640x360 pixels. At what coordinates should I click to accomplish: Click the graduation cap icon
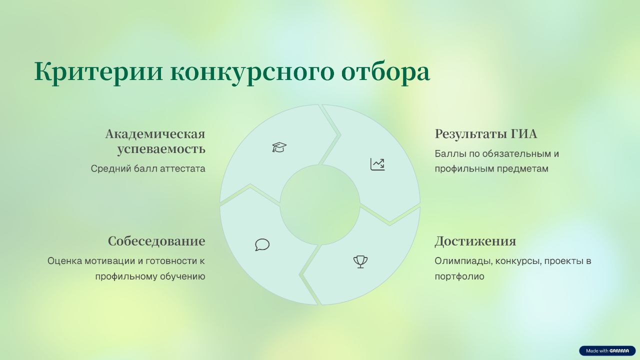[x=279, y=147]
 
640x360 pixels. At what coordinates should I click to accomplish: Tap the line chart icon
[x=377, y=164]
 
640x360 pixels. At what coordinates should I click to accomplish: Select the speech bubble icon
[x=262, y=245]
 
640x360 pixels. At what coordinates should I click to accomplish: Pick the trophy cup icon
[x=360, y=261]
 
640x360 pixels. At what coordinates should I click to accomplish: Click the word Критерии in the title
[x=98, y=71]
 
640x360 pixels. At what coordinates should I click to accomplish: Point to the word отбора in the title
[x=385, y=71]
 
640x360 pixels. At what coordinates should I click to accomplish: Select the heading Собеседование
[x=156, y=241]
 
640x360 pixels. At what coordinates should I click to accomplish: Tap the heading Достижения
[x=475, y=241]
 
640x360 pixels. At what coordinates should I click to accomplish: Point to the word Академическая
[x=155, y=134]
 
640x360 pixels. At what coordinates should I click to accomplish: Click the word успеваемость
[x=161, y=149]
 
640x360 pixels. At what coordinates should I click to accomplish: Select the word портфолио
[x=459, y=276]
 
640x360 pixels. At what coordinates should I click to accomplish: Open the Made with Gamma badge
[x=607, y=350]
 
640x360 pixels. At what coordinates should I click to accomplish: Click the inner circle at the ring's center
[x=320, y=205]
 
